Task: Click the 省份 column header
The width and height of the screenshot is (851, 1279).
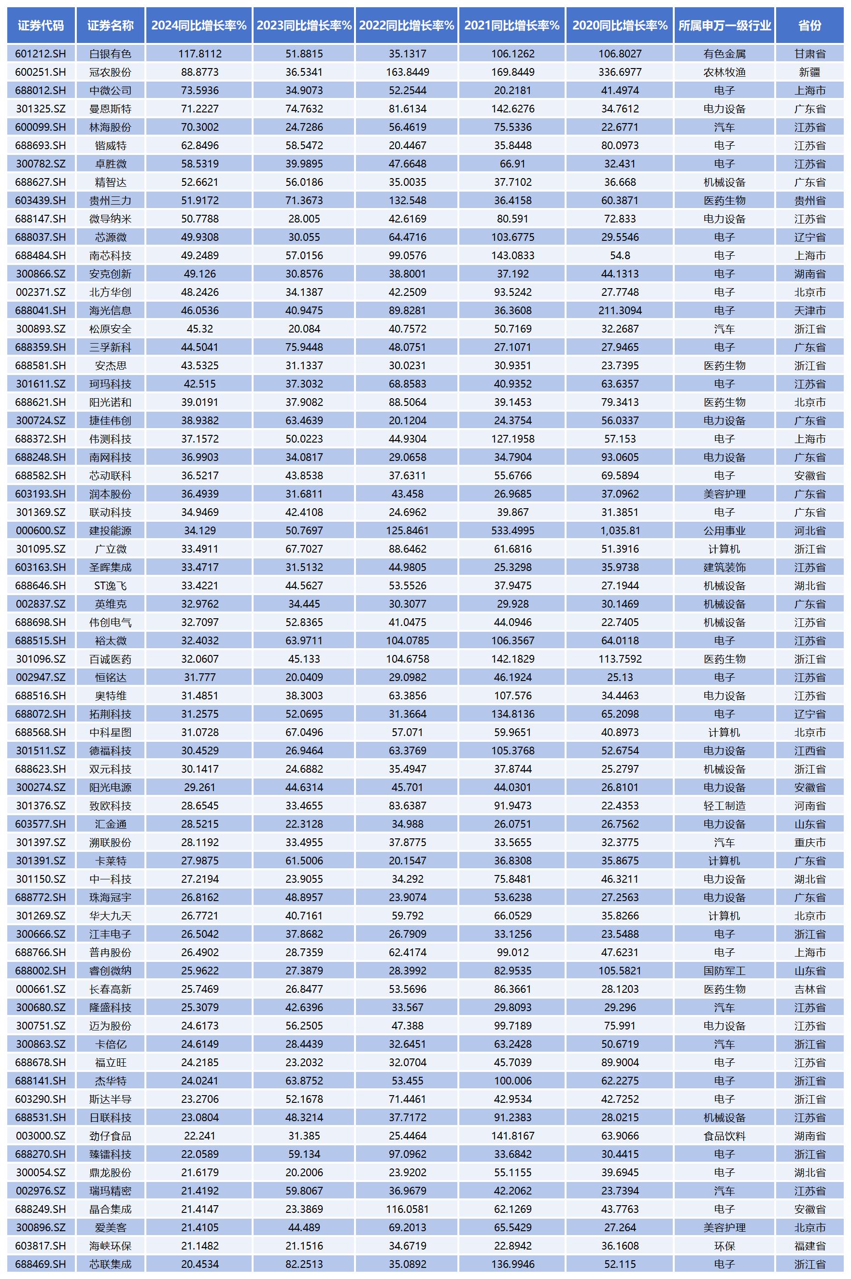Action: click(810, 25)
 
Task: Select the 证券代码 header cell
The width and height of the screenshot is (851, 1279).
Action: click(41, 25)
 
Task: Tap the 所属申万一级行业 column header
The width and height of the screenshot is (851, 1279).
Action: click(724, 25)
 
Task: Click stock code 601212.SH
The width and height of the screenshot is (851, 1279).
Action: click(41, 54)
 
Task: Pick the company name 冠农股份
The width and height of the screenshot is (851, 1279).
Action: click(110, 72)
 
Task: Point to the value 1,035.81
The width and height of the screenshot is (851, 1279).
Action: click(620, 530)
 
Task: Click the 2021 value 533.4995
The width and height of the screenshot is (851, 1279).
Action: click(512, 530)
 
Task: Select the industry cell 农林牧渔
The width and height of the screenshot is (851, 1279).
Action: click(724, 72)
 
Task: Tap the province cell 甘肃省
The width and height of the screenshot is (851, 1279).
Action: click(810, 54)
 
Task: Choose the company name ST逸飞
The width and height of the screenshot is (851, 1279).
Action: click(110, 585)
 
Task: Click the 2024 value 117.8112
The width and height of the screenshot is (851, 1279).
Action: click(200, 54)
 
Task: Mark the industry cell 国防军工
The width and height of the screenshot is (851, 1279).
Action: click(724, 971)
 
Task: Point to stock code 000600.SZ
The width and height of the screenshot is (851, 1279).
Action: click(41, 530)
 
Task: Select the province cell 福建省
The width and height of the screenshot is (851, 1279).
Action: click(810, 1245)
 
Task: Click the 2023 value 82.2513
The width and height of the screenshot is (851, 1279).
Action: click(304, 1264)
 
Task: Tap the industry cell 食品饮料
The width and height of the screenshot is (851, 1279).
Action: click(724, 1135)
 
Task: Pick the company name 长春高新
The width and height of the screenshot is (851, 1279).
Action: click(110, 989)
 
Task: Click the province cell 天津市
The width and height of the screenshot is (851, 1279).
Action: click(810, 310)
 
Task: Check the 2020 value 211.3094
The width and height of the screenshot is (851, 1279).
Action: click(620, 310)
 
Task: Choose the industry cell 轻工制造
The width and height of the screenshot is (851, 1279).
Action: click(724, 806)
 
